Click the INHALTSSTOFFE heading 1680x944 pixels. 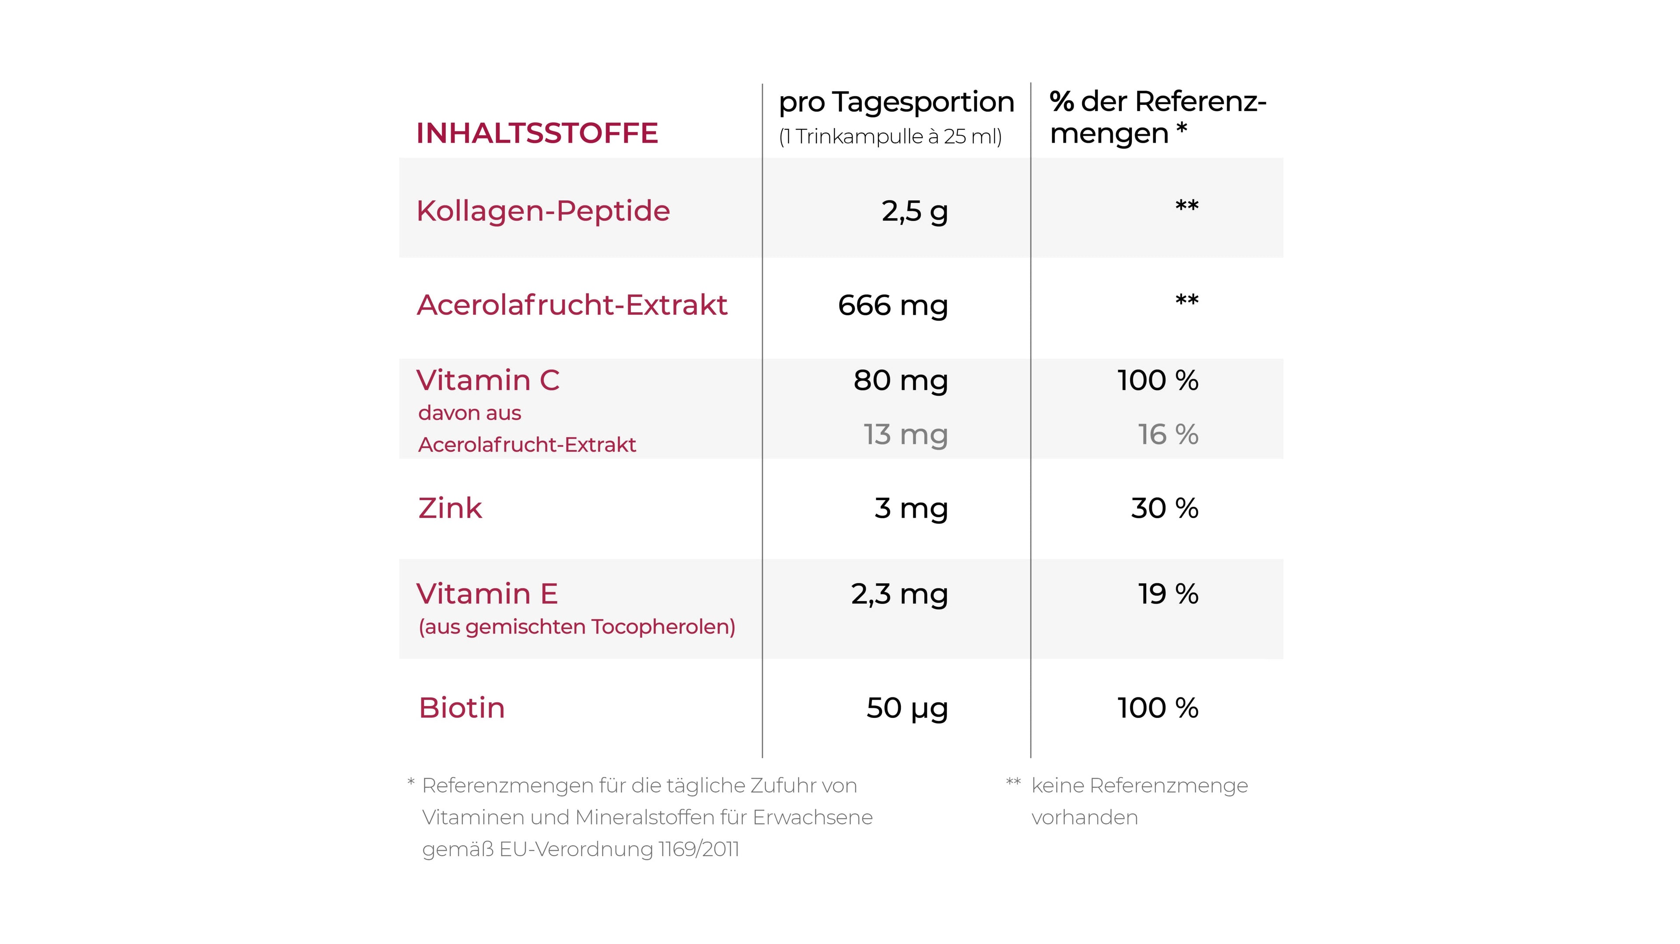[x=537, y=133]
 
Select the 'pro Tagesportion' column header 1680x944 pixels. [x=896, y=102]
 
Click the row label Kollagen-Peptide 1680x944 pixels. [x=542, y=211]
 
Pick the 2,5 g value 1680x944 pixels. [x=914, y=211]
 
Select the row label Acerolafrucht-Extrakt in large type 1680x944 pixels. [x=572, y=305]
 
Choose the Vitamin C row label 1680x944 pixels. [x=488, y=380]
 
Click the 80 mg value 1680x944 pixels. [x=900, y=381]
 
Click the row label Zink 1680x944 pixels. [x=450, y=509]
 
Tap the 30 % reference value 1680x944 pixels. [x=1164, y=509]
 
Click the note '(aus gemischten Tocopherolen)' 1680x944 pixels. [x=577, y=627]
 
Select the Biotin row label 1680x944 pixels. [x=462, y=708]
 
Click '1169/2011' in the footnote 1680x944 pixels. [x=699, y=850]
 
